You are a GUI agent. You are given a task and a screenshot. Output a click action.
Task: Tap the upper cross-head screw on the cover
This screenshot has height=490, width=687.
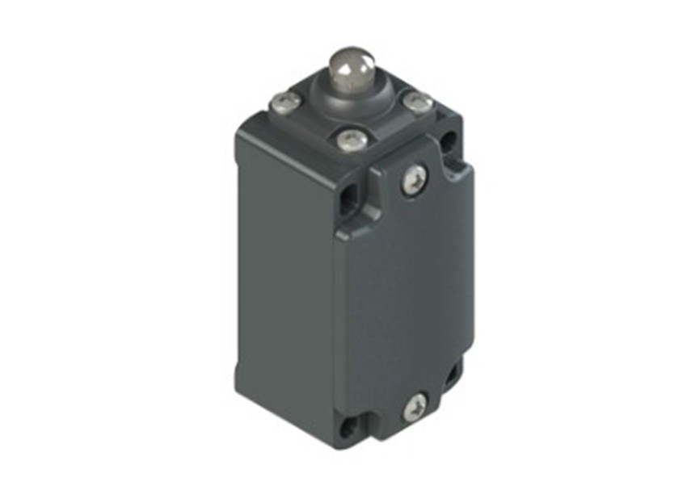414,180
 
